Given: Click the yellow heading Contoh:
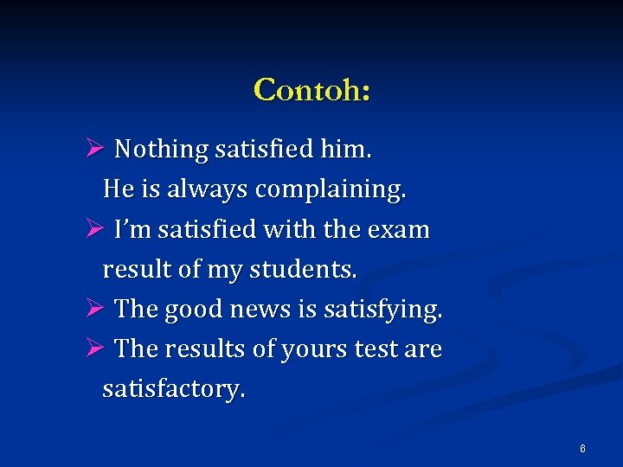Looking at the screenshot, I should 311,89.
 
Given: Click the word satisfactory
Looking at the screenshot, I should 173,389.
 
